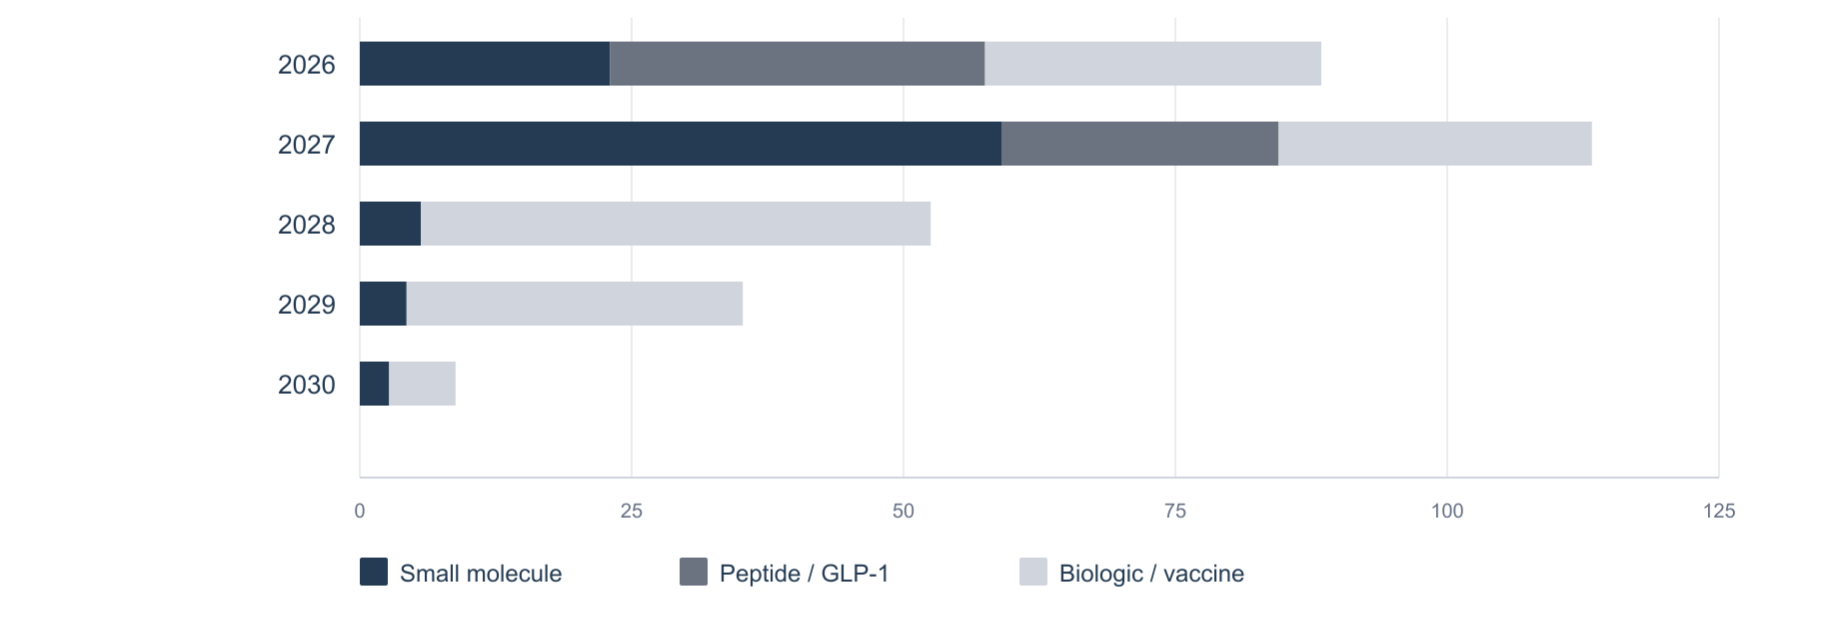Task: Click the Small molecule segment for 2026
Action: click(485, 64)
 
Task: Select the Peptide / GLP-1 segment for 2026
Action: click(798, 64)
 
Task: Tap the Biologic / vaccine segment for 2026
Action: click(1153, 64)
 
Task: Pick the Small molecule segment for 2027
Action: click(681, 144)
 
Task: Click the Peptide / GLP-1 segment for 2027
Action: click(1140, 144)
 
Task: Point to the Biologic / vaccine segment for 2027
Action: click(1435, 144)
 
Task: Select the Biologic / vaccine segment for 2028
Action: click(676, 224)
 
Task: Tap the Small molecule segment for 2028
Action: click(391, 224)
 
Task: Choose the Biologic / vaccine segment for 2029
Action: click(575, 304)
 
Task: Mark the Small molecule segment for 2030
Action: click(375, 384)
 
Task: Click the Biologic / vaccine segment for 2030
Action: click(422, 384)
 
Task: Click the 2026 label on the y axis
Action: click(307, 65)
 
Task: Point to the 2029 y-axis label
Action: click(307, 305)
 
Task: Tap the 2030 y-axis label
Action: click(307, 385)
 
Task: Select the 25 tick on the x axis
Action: click(632, 511)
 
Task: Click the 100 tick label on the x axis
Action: click(1447, 511)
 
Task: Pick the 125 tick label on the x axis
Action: click(1719, 511)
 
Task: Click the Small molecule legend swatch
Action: click(374, 572)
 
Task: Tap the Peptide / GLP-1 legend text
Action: click(805, 574)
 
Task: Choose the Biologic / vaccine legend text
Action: click(1151, 574)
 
